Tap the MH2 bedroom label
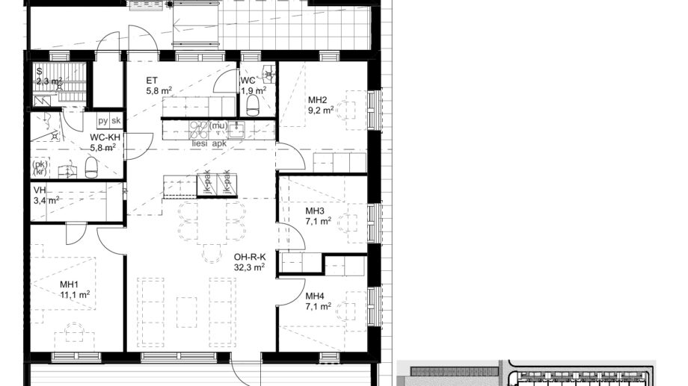[x=319, y=100]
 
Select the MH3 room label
[x=315, y=211]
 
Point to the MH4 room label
[x=315, y=295]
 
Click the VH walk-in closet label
[x=40, y=190]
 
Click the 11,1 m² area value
[x=75, y=295]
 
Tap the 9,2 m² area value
[x=321, y=110]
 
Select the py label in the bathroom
[x=102, y=121]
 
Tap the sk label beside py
[x=115, y=121]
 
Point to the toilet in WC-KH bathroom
[x=91, y=169]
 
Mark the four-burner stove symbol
[x=199, y=129]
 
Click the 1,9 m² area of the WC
[x=251, y=90]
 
